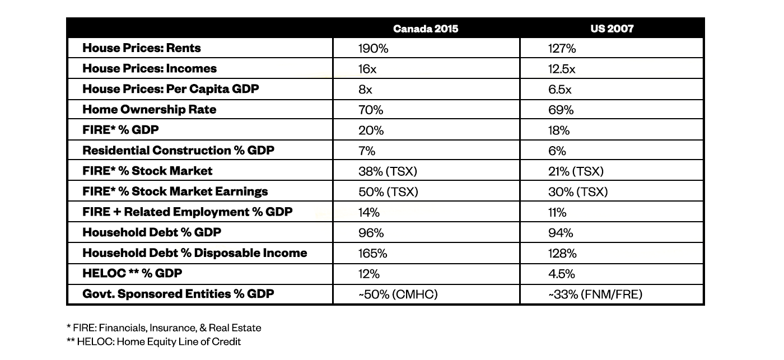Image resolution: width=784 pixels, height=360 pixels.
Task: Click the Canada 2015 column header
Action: click(425, 29)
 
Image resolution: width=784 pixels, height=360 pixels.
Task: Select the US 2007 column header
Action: click(612, 29)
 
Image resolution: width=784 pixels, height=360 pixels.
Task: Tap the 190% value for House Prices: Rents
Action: click(373, 48)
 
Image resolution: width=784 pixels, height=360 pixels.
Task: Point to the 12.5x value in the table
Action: click(561, 69)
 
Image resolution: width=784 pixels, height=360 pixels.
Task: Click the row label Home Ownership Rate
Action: click(149, 110)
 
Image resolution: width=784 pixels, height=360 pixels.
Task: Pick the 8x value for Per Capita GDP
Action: click(365, 90)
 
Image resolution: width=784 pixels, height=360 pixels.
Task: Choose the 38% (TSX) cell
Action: click(388, 171)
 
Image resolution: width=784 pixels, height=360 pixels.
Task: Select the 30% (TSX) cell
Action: click(578, 192)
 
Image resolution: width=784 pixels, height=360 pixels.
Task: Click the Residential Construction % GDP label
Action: click(178, 151)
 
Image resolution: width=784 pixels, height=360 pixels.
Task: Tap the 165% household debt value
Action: click(372, 253)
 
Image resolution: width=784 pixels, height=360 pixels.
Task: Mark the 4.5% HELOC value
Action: click(561, 274)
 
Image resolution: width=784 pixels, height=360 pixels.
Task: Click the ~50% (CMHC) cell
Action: click(398, 294)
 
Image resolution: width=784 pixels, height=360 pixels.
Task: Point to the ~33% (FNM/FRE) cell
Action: click(595, 294)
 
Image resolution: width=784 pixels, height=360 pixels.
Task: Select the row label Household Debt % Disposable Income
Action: click(195, 253)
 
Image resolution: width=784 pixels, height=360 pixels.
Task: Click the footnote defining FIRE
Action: click(164, 328)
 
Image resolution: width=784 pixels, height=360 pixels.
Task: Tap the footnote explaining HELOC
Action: click(153, 342)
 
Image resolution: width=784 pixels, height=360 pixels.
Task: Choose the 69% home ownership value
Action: click(561, 110)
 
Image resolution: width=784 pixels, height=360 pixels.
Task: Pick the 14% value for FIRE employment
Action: click(369, 212)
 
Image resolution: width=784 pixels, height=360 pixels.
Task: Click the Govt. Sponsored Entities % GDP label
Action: click(178, 294)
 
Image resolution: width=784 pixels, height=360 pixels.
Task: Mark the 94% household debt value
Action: click(561, 233)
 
